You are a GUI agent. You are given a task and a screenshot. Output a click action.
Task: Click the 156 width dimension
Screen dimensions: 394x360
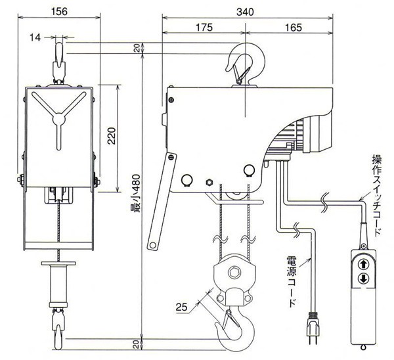point(59,12)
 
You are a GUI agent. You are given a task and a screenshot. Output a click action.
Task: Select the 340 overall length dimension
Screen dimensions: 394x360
point(245,12)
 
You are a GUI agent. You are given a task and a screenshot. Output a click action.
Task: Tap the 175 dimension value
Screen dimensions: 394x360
point(204,27)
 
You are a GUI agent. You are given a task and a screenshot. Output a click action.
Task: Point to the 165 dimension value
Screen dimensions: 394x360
point(294,28)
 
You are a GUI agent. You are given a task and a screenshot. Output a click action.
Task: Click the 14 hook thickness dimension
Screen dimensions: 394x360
point(35,37)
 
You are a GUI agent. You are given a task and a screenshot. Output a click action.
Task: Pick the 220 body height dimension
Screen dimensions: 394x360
point(112,136)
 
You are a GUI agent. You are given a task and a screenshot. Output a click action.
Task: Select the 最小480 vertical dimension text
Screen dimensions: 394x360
point(136,194)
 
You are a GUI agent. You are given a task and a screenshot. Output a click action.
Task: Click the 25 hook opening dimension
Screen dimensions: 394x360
point(181,307)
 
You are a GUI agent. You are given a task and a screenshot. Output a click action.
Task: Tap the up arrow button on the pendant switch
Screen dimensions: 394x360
point(363,265)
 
